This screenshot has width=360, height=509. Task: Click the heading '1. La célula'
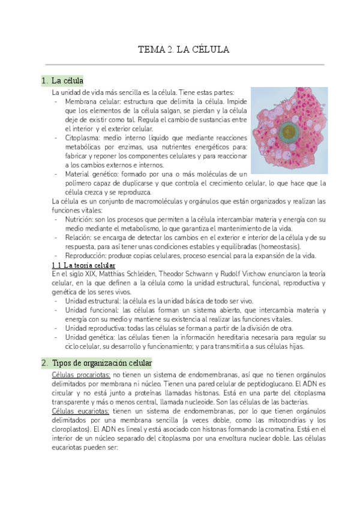62,80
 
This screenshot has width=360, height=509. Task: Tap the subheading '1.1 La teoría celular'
84,265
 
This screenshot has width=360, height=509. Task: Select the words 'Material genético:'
92,174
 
